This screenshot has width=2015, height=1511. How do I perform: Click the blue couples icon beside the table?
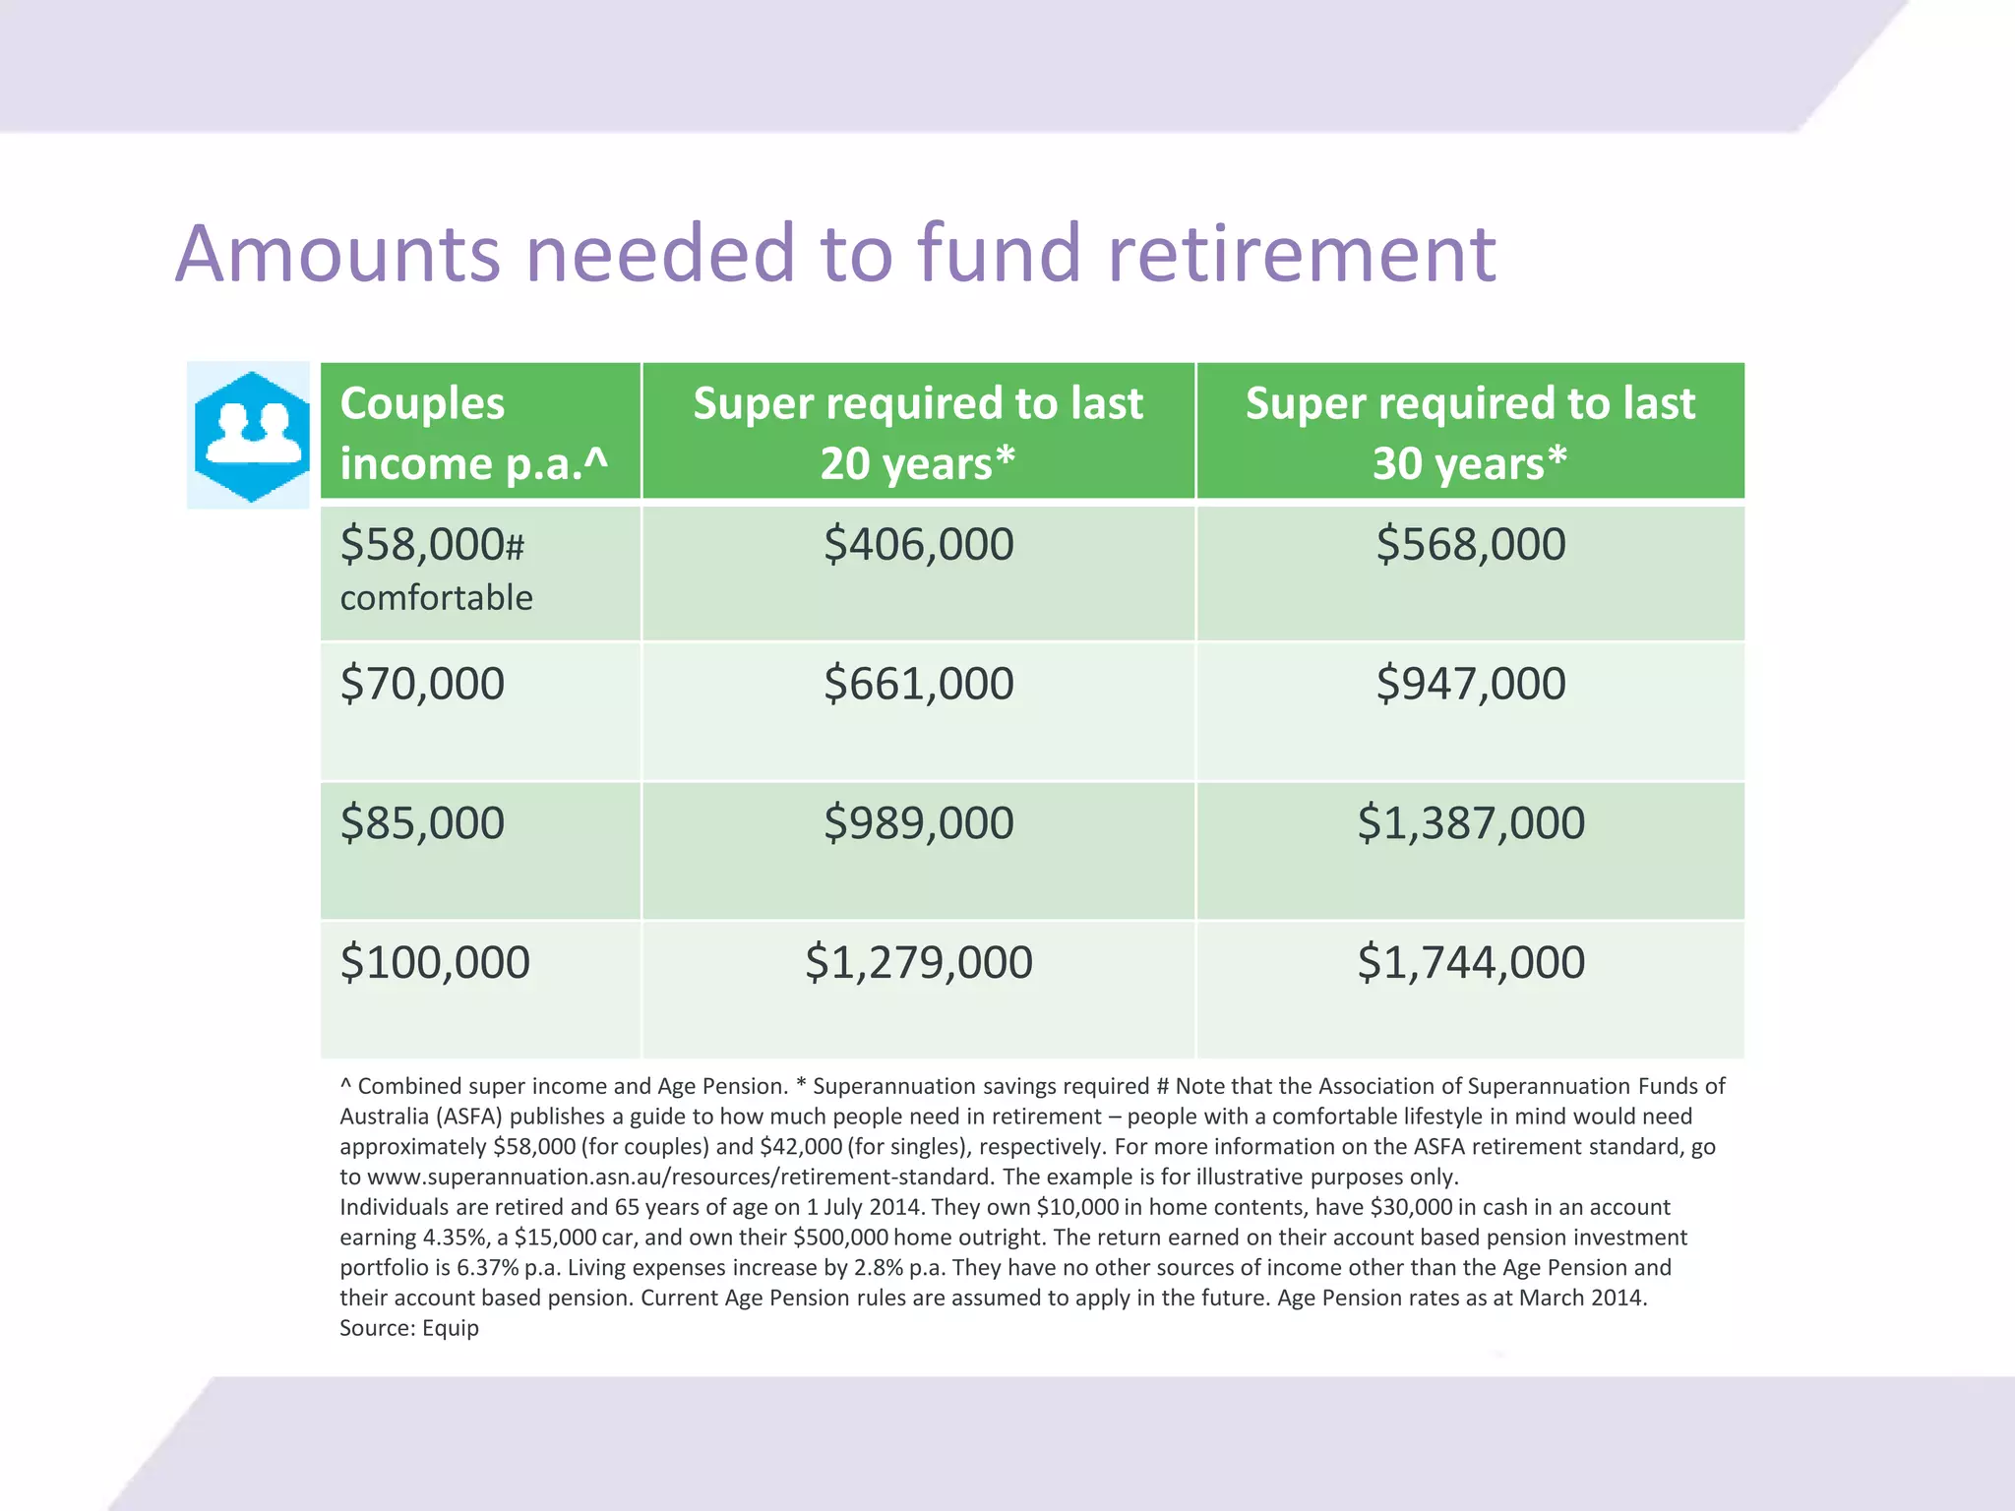tap(250, 435)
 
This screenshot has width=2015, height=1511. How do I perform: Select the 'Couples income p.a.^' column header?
tap(473, 433)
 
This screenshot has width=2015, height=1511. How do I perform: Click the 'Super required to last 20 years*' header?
tap(918, 433)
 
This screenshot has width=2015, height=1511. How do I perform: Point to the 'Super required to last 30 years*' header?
tap(1470, 433)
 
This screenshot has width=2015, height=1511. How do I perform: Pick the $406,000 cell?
tap(918, 544)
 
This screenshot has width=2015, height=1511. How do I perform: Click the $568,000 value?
tap(1470, 544)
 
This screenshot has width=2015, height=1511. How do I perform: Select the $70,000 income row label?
tap(422, 684)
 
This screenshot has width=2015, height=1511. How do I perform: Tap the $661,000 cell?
tap(918, 684)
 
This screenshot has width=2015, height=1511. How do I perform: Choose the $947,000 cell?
tap(1470, 684)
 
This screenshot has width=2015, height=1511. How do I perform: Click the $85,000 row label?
tap(422, 823)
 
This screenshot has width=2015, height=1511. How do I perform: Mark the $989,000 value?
tap(918, 823)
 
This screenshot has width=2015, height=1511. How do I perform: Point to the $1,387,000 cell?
tap(1470, 823)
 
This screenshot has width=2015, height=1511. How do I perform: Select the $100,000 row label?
tap(435, 962)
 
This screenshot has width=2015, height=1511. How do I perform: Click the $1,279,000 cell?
tap(918, 962)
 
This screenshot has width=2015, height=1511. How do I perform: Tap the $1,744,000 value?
tap(1470, 962)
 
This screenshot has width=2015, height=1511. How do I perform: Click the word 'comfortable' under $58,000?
tap(436, 598)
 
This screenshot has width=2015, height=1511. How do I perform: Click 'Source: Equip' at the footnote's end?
tap(409, 1329)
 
